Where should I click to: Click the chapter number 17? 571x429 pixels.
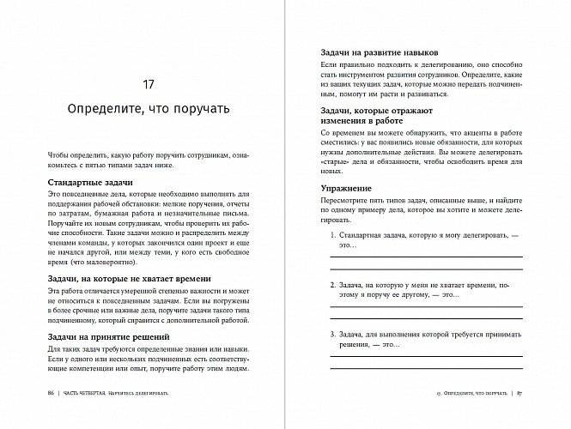click(148, 85)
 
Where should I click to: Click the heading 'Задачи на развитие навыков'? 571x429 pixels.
click(373, 52)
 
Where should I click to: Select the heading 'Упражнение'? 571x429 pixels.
click(346, 187)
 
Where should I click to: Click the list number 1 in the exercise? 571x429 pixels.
click(332, 234)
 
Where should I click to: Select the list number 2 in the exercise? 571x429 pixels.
click(332, 283)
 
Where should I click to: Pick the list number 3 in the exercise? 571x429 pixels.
click(332, 333)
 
